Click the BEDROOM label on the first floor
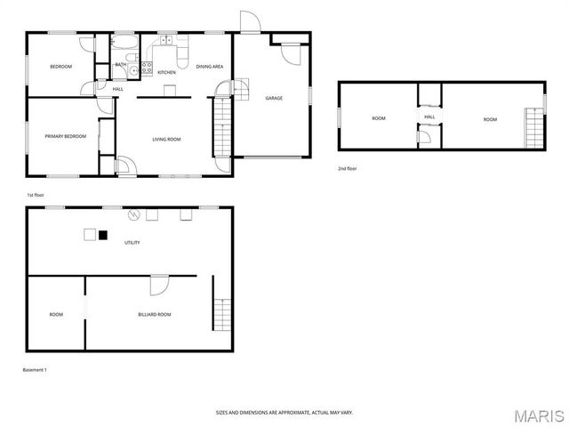[x=60, y=67]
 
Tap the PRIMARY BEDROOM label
[x=66, y=136]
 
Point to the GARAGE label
[x=274, y=98]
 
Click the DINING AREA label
[x=209, y=67]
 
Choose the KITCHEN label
[x=166, y=72]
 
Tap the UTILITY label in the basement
[x=132, y=242]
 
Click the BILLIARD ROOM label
[x=155, y=314]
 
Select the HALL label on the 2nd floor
[x=429, y=117]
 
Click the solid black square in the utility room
[x=103, y=236]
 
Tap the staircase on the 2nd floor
[x=533, y=127]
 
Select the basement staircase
[x=221, y=315]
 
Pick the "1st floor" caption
[x=36, y=195]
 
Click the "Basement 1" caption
[x=36, y=369]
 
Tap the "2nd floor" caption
[x=347, y=168]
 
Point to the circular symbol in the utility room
[x=135, y=213]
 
